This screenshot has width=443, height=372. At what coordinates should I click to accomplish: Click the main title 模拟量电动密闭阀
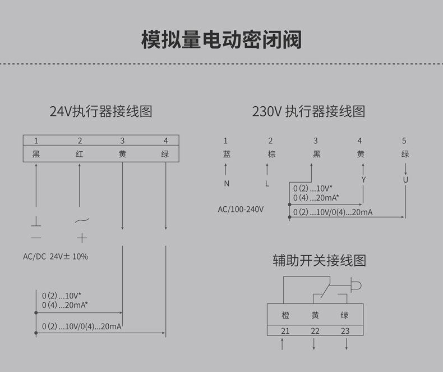[221, 40]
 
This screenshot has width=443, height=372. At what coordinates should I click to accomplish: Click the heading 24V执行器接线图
[101, 111]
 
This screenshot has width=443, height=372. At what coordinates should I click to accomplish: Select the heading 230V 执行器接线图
[308, 111]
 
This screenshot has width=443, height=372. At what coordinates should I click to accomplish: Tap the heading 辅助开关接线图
[319, 261]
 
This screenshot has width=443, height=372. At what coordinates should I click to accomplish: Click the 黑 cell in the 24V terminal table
[36, 154]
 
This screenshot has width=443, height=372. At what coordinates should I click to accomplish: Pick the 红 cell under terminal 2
[80, 154]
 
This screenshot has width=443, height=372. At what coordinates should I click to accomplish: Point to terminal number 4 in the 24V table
[165, 140]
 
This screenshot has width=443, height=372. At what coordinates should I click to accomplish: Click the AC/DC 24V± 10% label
[56, 256]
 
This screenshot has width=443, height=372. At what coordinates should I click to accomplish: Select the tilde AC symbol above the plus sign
[82, 221]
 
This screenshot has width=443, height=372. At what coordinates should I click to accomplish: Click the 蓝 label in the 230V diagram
[226, 154]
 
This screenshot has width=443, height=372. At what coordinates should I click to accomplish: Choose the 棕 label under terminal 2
[271, 154]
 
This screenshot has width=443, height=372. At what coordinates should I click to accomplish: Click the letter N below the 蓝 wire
[227, 183]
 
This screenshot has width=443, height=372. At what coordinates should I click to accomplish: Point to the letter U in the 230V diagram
[405, 180]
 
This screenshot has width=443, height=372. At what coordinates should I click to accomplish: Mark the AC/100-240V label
[241, 209]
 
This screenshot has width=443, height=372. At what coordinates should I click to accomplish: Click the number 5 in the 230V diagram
[404, 140]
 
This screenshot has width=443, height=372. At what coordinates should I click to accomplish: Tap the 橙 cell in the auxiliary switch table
[285, 315]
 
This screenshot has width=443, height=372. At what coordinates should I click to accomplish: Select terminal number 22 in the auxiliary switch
[315, 331]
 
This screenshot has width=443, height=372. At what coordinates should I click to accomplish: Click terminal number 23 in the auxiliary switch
[345, 331]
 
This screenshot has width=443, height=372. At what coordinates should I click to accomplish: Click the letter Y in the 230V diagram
[363, 180]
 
